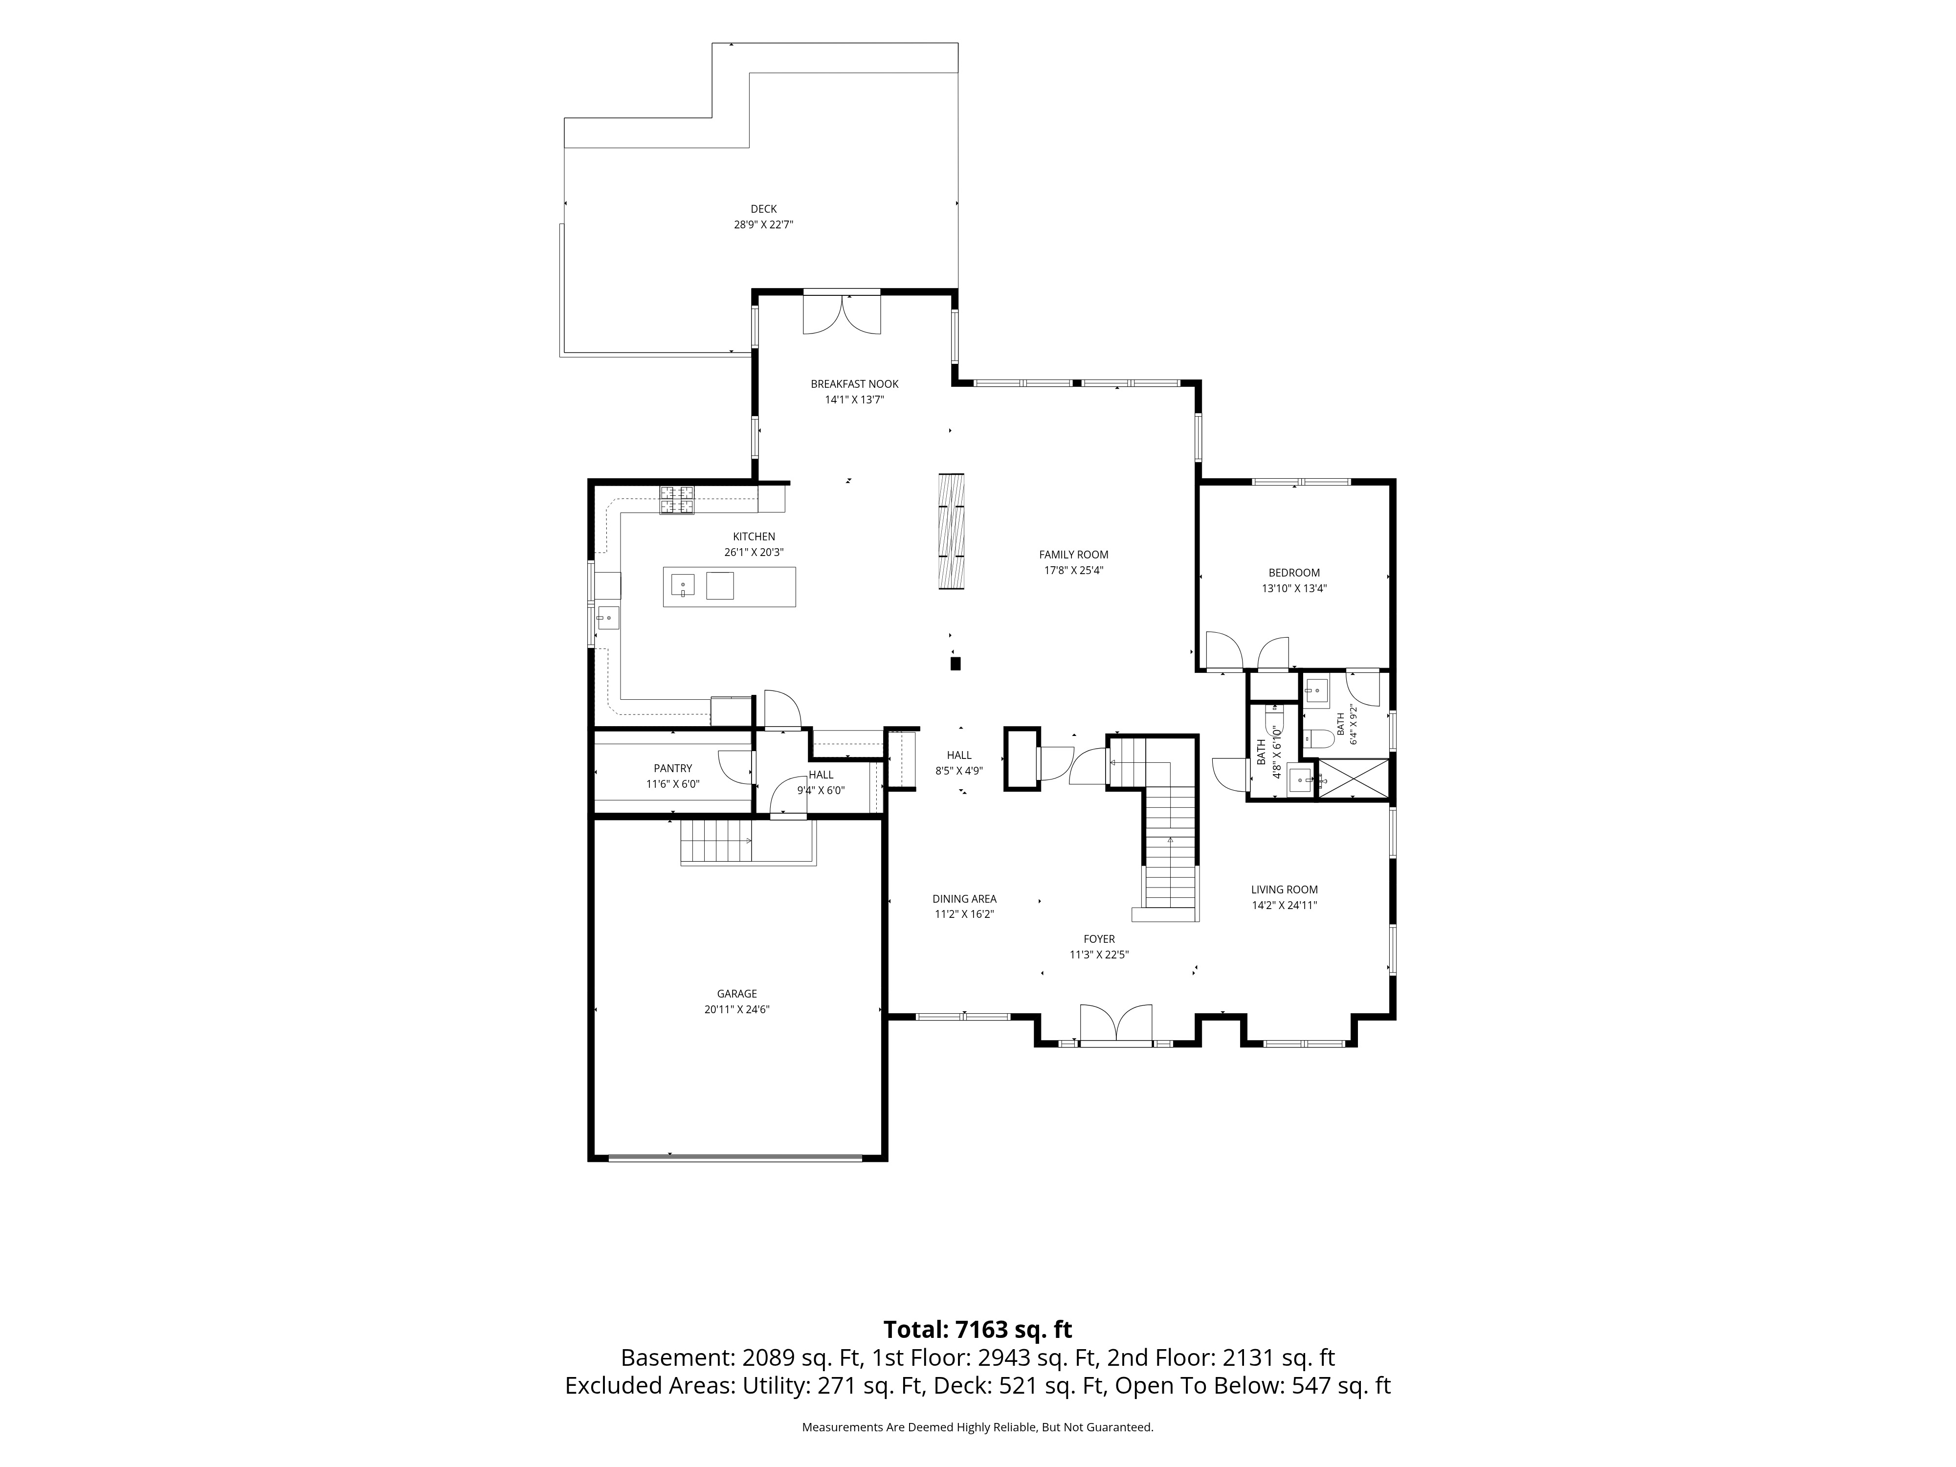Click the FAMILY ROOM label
(1073, 555)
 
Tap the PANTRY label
(673, 768)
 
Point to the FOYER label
(1099, 939)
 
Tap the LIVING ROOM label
(1284, 889)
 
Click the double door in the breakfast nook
(842, 314)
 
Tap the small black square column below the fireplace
(955, 663)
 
